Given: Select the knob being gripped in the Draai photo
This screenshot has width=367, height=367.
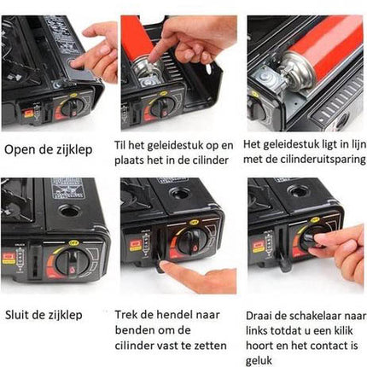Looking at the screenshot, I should pyautogui.click(x=306, y=244).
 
